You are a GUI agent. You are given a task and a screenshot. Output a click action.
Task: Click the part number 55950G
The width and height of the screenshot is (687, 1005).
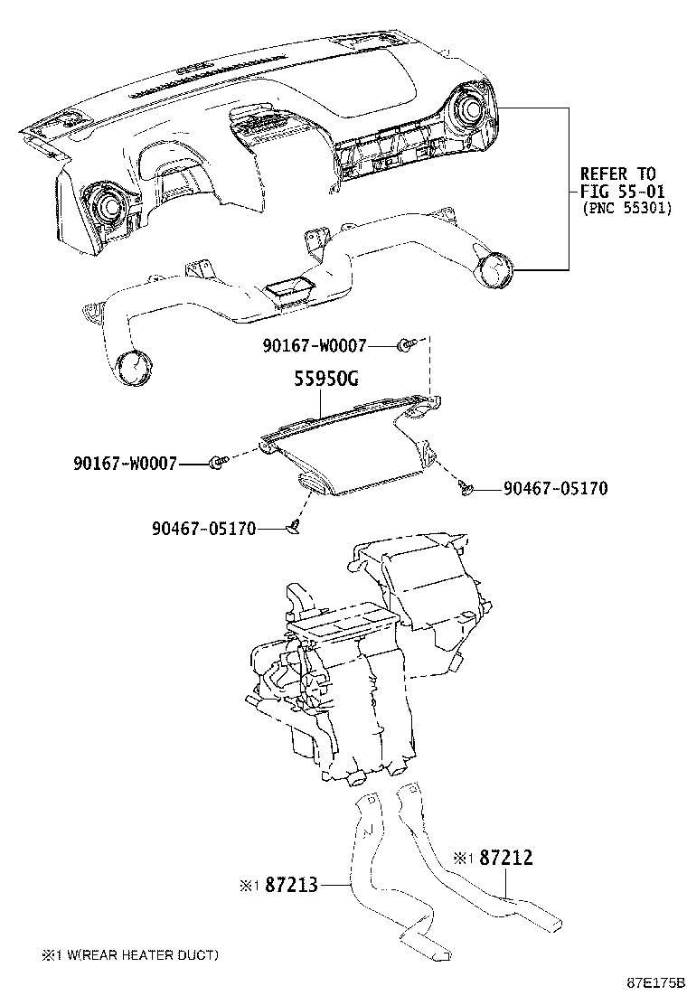point(325,380)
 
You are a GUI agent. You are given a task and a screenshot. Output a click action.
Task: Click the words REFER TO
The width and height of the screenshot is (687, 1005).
point(617,174)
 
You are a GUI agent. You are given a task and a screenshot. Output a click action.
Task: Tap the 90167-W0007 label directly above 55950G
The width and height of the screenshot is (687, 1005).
point(314,345)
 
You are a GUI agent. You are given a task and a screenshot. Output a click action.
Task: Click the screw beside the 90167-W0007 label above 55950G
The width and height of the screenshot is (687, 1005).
point(406,344)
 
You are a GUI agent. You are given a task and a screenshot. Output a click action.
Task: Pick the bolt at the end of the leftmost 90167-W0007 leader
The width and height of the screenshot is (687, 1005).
point(215,463)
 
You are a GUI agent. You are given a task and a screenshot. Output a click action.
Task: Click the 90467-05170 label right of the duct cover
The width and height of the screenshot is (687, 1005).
point(555,489)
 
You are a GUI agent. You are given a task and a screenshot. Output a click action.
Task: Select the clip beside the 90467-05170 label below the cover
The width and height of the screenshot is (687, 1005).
point(294,528)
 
